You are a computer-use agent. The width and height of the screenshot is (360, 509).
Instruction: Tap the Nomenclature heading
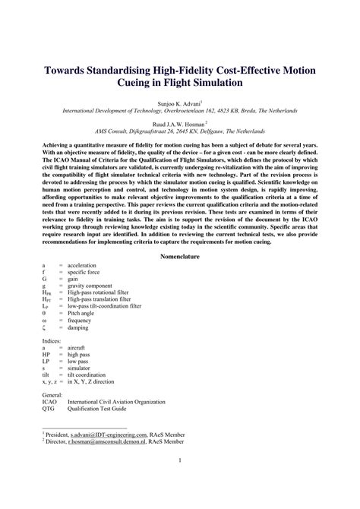coord(180,257)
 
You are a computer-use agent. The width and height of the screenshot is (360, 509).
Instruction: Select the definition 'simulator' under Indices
coord(81,370)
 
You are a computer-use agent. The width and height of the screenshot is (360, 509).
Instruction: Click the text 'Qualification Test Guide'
coord(100,410)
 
